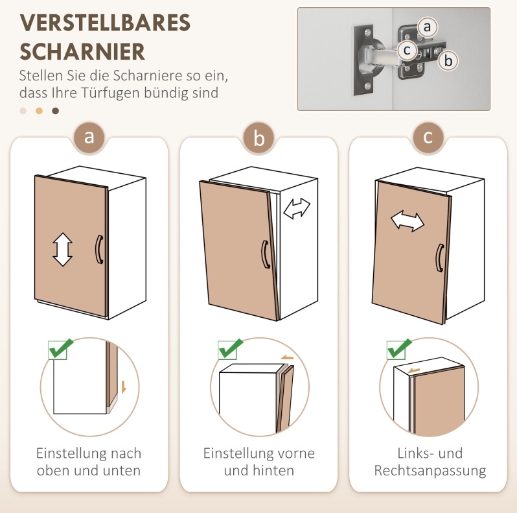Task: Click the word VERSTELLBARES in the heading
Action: (x=105, y=23)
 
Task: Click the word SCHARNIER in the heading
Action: (x=82, y=51)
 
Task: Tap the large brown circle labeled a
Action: (x=89, y=137)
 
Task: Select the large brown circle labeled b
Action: (x=259, y=137)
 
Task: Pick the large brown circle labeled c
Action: (x=428, y=137)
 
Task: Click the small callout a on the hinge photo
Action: (x=427, y=27)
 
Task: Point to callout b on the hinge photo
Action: (x=448, y=61)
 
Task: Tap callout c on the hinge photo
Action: (x=408, y=51)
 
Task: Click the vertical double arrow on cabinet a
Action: (x=62, y=250)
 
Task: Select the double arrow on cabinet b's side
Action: (x=297, y=208)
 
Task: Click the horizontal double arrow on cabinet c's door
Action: (x=408, y=221)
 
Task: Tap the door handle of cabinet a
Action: (x=98, y=250)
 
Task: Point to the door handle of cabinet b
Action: (x=265, y=254)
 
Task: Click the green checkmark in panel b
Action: (x=231, y=349)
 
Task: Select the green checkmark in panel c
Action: (x=399, y=349)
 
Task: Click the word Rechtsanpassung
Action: (x=430, y=471)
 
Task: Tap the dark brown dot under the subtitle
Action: (x=56, y=111)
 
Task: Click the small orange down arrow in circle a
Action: (x=124, y=387)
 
